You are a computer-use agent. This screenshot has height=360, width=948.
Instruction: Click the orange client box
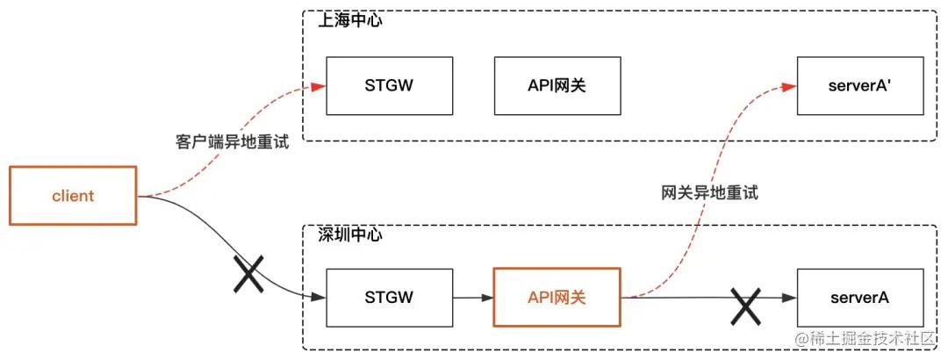click(x=73, y=196)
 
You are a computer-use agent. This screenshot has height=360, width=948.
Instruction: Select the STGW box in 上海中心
click(x=389, y=86)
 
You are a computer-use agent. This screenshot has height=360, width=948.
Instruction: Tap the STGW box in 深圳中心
click(x=389, y=298)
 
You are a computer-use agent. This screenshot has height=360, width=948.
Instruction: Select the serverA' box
click(x=860, y=86)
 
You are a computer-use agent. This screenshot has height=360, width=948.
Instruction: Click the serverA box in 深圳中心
click(x=860, y=298)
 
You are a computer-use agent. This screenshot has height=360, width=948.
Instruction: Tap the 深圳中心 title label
click(x=349, y=235)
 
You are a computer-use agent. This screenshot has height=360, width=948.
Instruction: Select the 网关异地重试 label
click(x=709, y=193)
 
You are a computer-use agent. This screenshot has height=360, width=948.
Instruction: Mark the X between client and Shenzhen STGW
click(x=248, y=275)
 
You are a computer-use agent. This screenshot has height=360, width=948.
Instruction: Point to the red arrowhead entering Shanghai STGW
click(x=320, y=86)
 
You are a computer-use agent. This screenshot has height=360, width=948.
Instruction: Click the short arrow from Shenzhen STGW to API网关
click(x=474, y=298)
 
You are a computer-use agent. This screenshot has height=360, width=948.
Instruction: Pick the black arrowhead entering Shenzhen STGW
click(x=320, y=298)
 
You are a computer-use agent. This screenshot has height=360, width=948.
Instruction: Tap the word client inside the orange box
click(x=73, y=196)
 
